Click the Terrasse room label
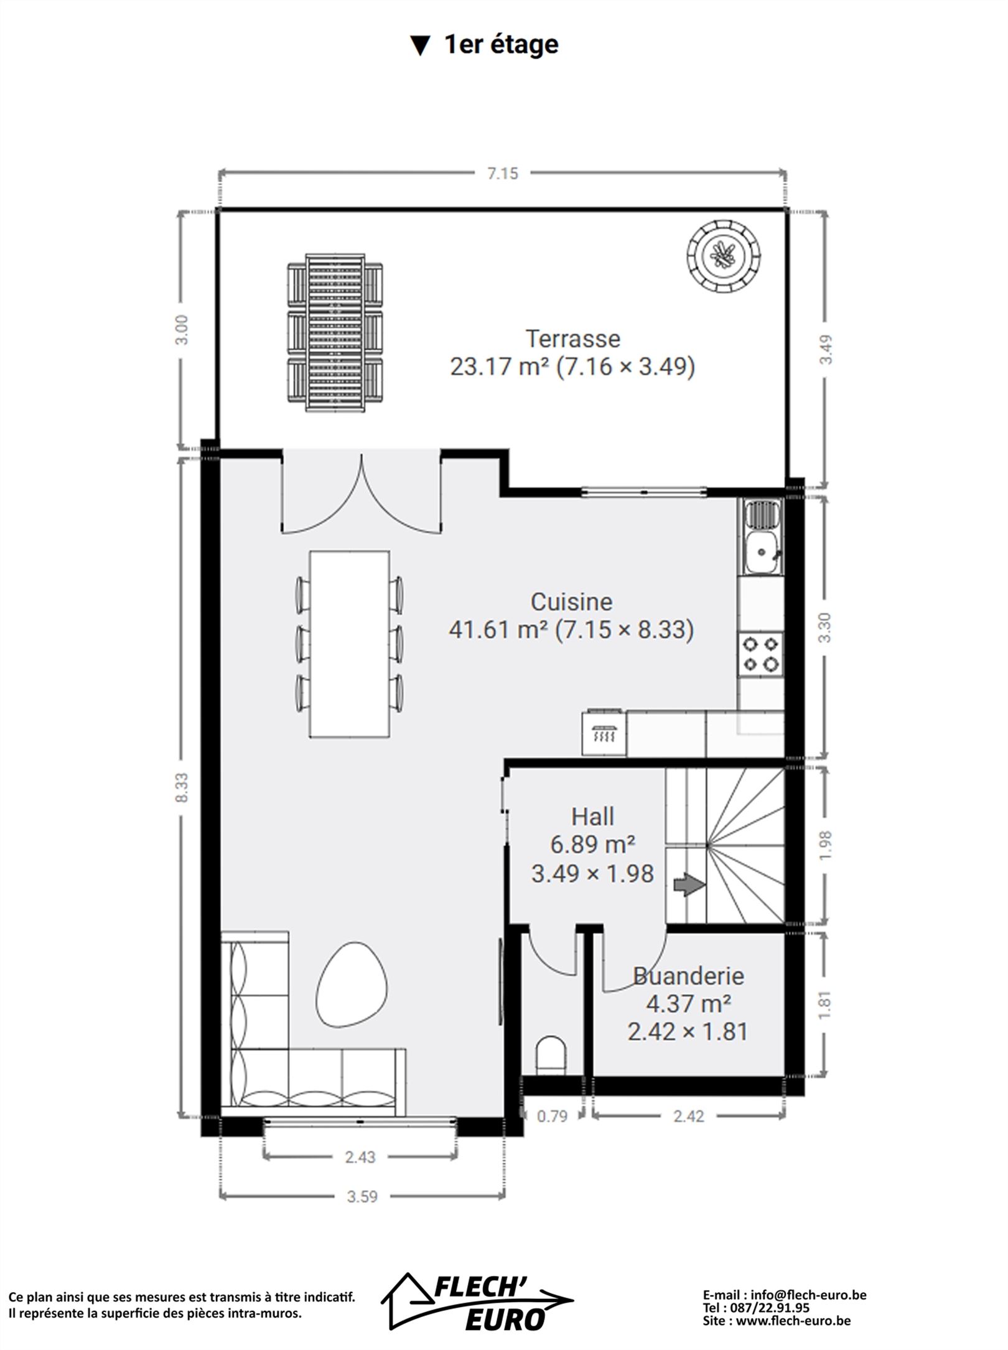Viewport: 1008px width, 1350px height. click(x=573, y=339)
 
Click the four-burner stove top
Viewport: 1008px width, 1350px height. click(x=761, y=654)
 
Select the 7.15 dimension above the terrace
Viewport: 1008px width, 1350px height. click(x=503, y=174)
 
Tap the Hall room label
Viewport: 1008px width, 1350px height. click(x=593, y=817)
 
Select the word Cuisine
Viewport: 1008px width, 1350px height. click(x=571, y=602)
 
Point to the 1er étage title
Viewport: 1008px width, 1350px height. click(x=501, y=45)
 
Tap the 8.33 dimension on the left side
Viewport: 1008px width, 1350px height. click(x=182, y=787)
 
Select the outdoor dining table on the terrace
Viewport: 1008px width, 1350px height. click(x=335, y=333)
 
